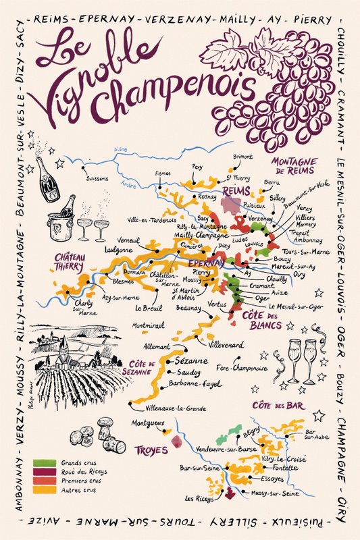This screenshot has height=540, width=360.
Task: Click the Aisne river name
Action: tap(121, 149)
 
